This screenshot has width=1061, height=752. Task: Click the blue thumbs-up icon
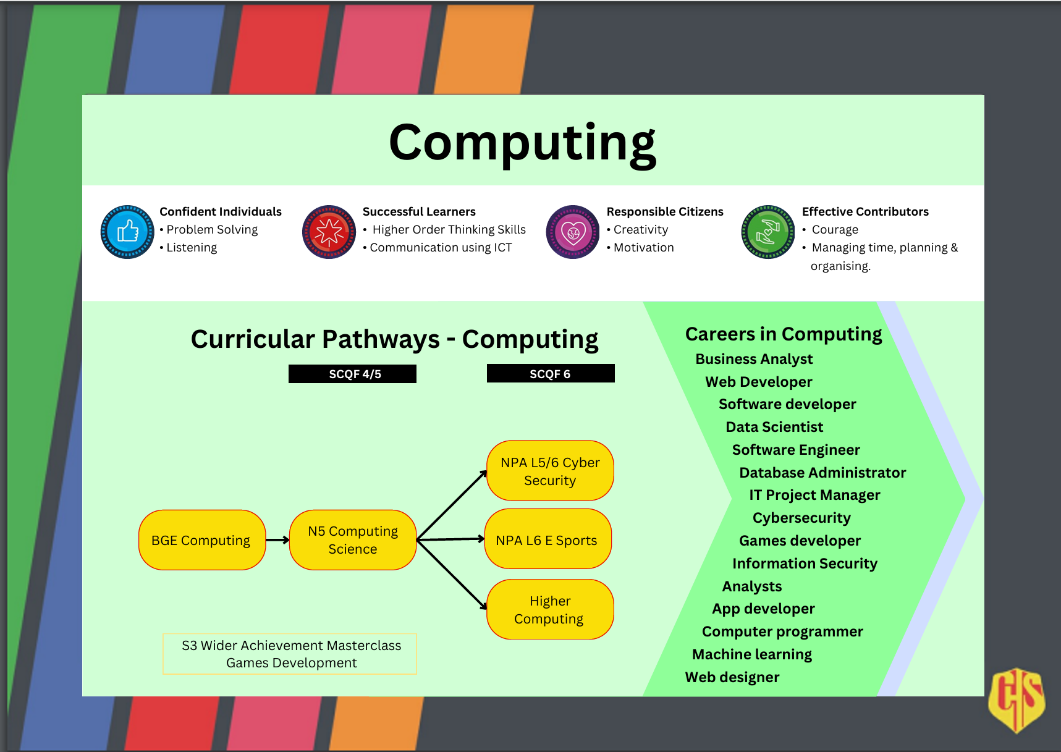pyautogui.click(x=127, y=232)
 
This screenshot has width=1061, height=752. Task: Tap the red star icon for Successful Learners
pyautogui.click(x=329, y=232)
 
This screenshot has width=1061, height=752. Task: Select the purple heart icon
pyautogui.click(x=573, y=232)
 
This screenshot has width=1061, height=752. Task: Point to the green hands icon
pyautogui.click(x=767, y=232)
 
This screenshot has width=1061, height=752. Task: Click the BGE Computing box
pyautogui.click(x=201, y=540)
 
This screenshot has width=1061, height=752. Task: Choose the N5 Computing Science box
pyautogui.click(x=353, y=540)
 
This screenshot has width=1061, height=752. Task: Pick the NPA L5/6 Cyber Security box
pyautogui.click(x=550, y=471)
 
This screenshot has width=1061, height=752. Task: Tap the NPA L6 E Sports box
pyautogui.click(x=547, y=539)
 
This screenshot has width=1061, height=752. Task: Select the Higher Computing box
pyautogui.click(x=550, y=609)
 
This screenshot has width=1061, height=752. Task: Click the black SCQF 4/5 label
pyautogui.click(x=352, y=374)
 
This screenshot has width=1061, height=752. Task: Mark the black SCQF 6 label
pyautogui.click(x=551, y=374)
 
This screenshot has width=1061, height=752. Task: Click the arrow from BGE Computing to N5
pyautogui.click(x=277, y=540)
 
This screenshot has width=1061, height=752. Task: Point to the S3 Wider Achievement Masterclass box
pyautogui.click(x=290, y=654)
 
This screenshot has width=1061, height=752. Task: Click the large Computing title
pyautogui.click(x=522, y=143)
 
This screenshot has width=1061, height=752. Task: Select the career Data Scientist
pyautogui.click(x=774, y=427)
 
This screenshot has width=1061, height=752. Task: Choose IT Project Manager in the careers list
pyautogui.click(x=814, y=495)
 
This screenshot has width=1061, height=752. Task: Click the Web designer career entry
pyautogui.click(x=732, y=677)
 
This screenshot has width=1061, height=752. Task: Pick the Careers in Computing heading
pyautogui.click(x=784, y=334)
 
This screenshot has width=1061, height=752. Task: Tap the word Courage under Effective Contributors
pyautogui.click(x=835, y=230)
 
